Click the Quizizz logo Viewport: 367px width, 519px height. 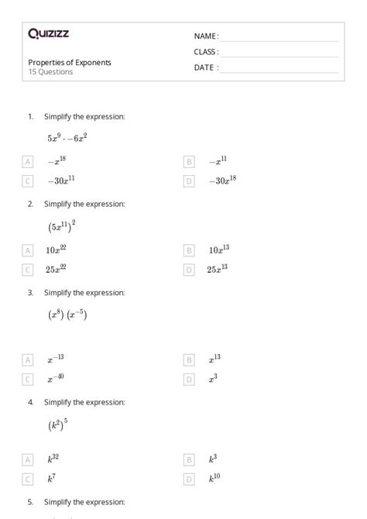coord(48,33)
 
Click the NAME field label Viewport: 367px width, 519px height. coord(205,36)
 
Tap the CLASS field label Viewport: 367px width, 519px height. coord(206,52)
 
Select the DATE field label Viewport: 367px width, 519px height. coord(205,67)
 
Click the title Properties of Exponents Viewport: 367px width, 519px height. coord(70,63)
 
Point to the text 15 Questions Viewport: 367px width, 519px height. coord(50,72)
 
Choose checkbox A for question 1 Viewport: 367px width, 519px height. coord(28,162)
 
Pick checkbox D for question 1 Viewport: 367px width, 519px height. coord(188,181)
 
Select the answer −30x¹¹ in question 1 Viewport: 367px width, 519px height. coord(61,180)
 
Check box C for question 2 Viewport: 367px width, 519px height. coord(28,270)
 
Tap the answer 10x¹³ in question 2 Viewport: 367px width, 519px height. coord(218,250)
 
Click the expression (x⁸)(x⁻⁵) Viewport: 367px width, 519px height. coord(67,315)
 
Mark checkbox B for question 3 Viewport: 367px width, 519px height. coord(188,359)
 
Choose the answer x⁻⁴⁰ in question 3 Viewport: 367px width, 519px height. coord(56,379)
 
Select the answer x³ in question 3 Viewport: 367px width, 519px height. coord(213,379)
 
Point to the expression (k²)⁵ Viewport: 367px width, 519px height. coord(58,425)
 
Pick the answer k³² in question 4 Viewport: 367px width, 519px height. coord(54,459)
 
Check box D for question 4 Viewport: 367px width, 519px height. coord(188,479)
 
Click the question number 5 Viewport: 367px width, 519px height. coord(30,502)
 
